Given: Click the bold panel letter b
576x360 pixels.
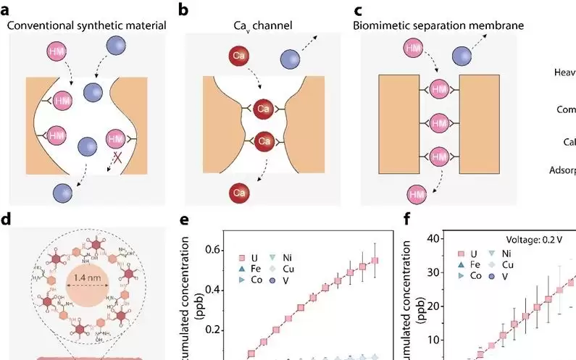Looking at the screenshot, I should click(x=183, y=10).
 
